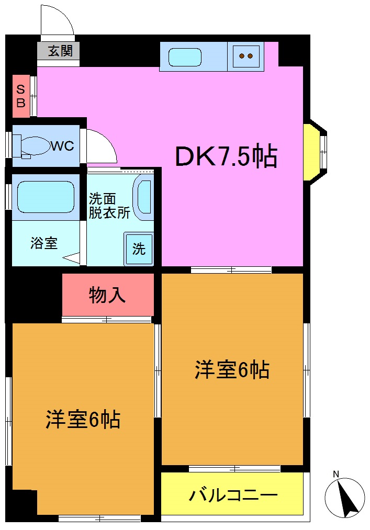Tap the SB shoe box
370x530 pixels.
tap(21, 96)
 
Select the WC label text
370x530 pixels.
tap(62, 145)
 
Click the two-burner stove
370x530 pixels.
tap(245, 56)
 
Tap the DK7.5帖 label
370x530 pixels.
tap(226, 156)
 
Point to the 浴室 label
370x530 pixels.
tap(44, 243)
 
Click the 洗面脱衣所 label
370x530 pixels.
tap(108, 206)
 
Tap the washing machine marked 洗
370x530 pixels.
tap(139, 249)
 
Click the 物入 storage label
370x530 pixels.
tap(107, 296)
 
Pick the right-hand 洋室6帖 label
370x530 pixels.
tap(232, 370)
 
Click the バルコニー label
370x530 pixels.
tap(233, 494)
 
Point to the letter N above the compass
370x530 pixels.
tap(336, 475)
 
